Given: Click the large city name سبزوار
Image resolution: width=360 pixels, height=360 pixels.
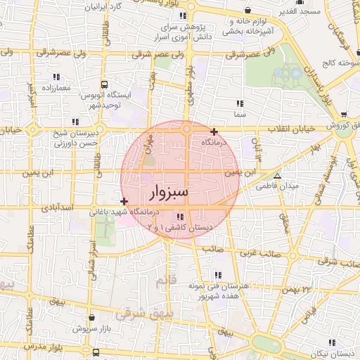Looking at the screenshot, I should [170, 192].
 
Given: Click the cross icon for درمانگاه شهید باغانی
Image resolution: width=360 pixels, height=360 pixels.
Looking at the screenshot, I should [124, 202].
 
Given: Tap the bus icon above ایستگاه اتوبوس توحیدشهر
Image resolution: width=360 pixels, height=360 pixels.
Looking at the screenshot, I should [105, 84].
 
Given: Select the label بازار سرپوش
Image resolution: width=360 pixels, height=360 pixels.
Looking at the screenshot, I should [92, 328].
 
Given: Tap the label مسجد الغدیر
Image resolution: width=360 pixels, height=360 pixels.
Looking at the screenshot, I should [301, 11].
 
